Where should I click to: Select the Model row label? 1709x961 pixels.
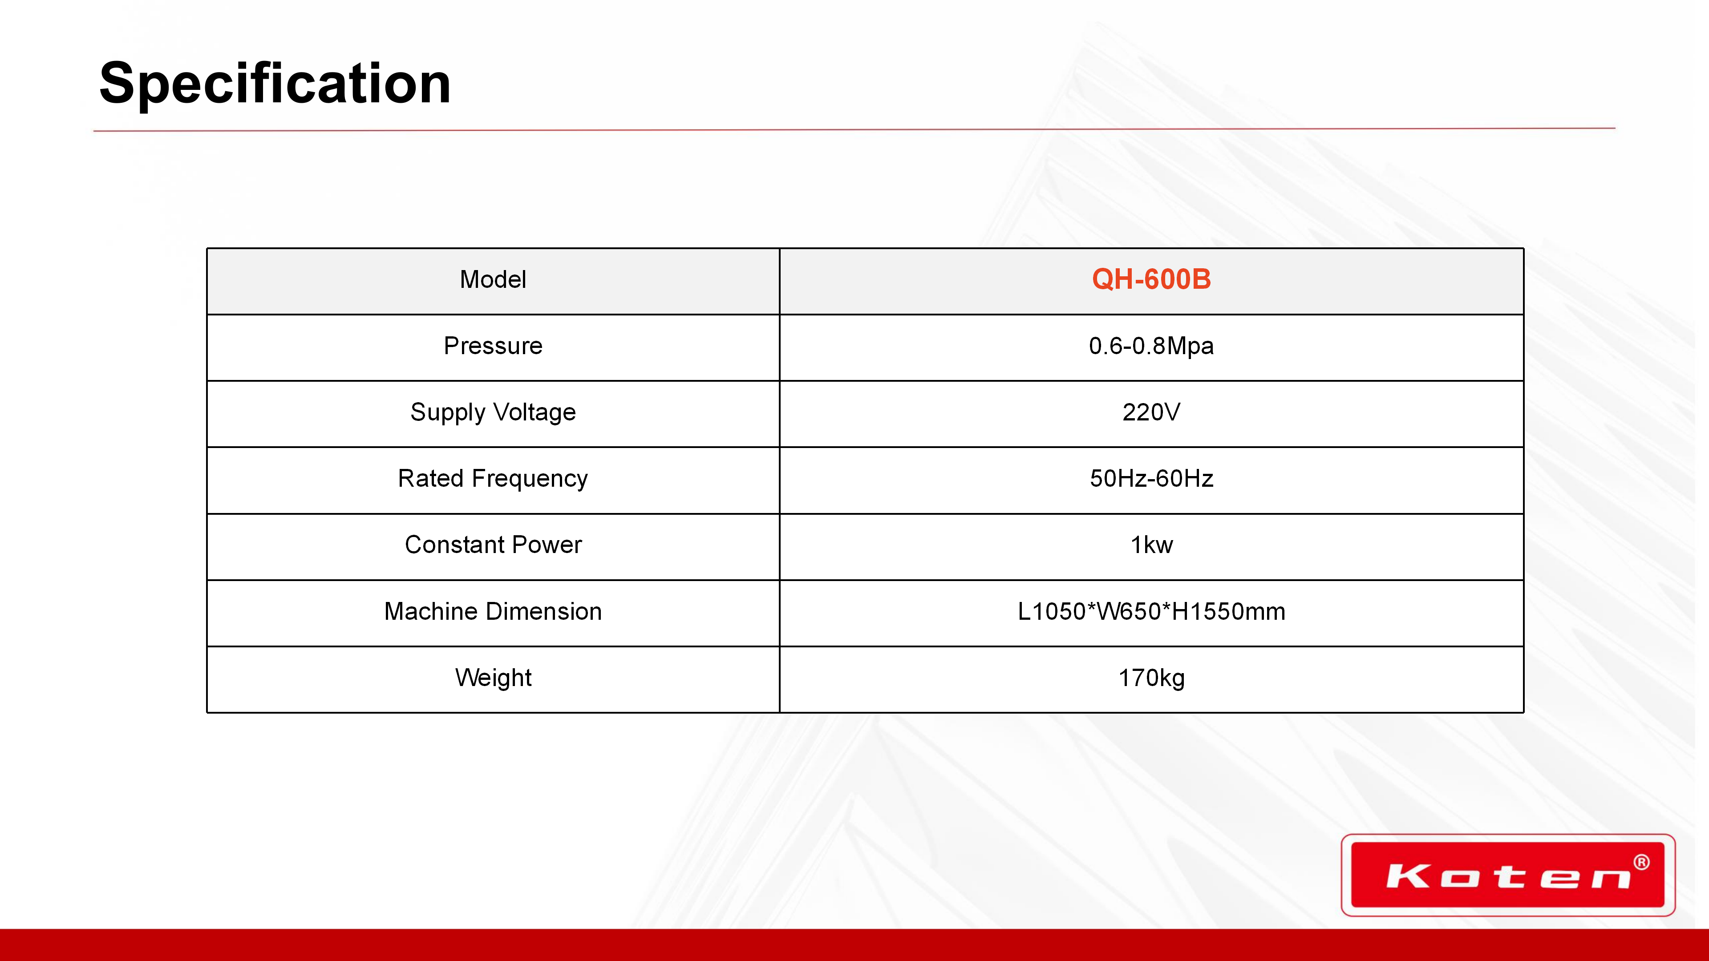click(x=493, y=279)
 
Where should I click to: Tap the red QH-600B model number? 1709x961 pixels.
click(x=1151, y=279)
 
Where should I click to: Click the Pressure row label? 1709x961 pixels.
click(x=493, y=346)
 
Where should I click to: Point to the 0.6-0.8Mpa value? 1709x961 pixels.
click(x=1151, y=346)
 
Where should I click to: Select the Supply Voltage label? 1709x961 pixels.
click(x=493, y=412)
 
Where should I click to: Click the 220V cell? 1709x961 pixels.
click(x=1151, y=412)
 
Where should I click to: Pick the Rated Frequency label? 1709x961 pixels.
click(x=493, y=479)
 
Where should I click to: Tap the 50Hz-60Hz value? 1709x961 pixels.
click(x=1151, y=478)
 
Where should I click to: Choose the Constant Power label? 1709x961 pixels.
click(x=493, y=545)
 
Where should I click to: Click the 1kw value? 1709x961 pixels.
click(x=1151, y=545)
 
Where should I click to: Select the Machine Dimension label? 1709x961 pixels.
click(x=493, y=611)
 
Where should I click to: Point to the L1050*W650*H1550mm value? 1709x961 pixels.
click(x=1151, y=611)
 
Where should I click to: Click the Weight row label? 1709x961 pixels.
click(x=493, y=678)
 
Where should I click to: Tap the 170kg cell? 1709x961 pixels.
click(x=1151, y=678)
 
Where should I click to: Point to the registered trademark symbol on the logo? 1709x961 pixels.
click(x=1641, y=862)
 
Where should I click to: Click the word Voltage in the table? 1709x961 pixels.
click(x=535, y=412)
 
